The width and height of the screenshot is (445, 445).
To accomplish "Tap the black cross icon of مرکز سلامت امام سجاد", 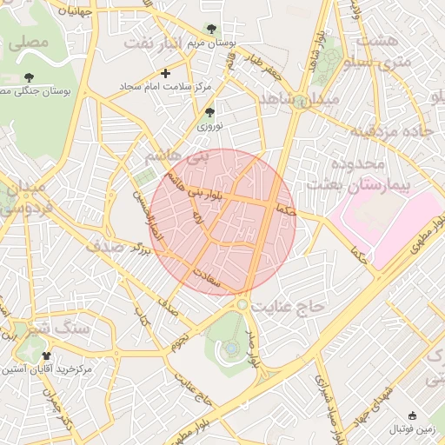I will (x=165, y=73).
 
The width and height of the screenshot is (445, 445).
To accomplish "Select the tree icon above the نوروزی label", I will (x=209, y=112).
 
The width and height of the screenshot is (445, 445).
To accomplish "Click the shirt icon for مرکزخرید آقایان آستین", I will (x=46, y=355).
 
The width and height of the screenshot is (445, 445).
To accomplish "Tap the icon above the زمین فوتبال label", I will (x=412, y=415).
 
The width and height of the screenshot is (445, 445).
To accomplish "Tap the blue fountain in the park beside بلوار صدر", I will (x=231, y=349).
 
